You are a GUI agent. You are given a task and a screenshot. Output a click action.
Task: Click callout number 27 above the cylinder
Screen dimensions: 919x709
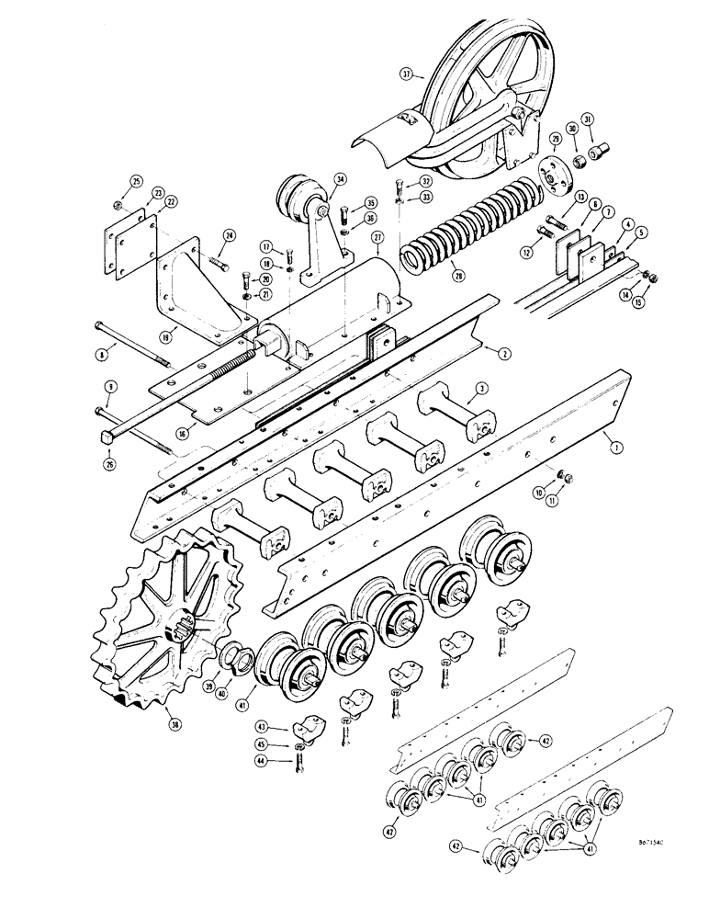376,237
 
